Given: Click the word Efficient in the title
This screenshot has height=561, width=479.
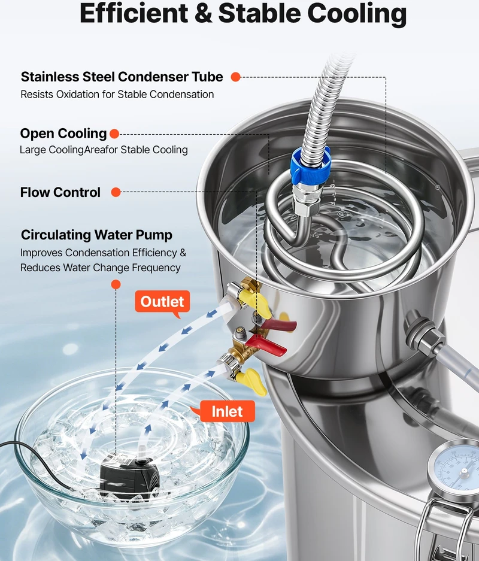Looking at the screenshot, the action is coord(134,14).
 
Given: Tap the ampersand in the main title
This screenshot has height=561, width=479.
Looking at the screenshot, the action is coord(203,14).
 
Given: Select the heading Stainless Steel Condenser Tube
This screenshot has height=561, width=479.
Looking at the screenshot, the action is coord(122,77).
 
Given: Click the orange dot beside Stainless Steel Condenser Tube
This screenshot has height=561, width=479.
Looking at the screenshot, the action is coord(235,77).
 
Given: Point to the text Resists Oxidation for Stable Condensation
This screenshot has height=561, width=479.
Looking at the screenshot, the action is coord(117,95).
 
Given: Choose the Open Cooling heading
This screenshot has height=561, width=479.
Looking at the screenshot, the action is coord(63,134).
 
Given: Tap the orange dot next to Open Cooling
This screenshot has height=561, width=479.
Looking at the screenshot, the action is coord(114,134).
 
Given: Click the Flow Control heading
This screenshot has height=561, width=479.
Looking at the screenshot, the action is coord(60,192).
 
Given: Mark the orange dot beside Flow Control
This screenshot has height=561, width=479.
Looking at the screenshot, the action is coord(116,192).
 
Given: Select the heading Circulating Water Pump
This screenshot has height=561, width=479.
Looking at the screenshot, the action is coord(96,235).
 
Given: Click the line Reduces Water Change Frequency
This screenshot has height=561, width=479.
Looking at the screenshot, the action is coord(100,268).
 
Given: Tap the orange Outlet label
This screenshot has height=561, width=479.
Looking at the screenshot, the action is coord(162,302).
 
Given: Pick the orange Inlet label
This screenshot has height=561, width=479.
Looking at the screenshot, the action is coord(227,411).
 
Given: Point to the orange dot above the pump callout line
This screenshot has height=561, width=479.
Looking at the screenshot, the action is coord(116,284).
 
